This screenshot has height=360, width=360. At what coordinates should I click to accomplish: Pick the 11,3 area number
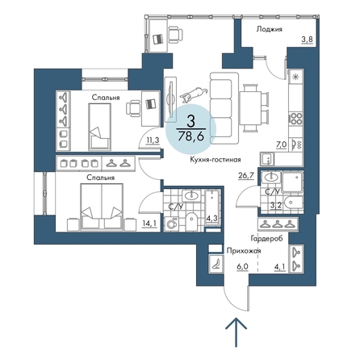coord(151,140)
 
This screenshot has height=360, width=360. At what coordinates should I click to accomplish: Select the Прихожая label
coord(240,251)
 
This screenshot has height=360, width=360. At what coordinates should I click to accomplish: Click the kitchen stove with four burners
coord(295,118)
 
